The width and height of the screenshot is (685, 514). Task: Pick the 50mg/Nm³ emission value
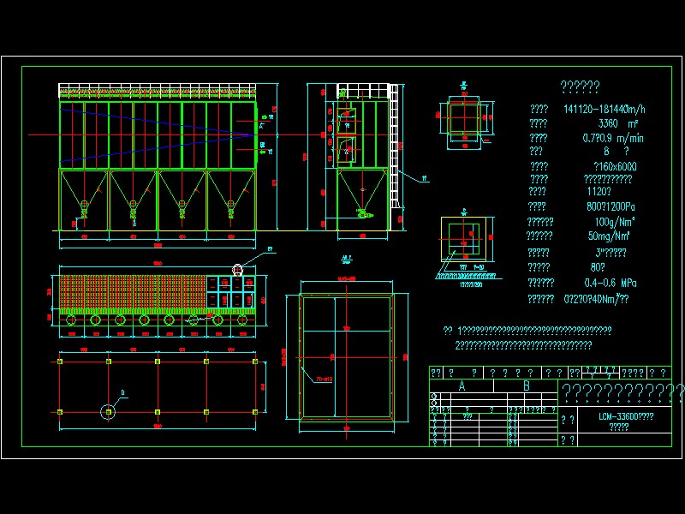pyautogui.click(x=610, y=236)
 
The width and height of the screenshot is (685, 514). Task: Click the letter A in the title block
pyautogui.click(x=462, y=386)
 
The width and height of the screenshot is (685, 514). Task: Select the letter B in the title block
pyautogui.click(x=526, y=386)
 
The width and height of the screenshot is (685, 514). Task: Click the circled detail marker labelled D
pyautogui.click(x=109, y=412)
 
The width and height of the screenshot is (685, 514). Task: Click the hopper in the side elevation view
pyautogui.click(x=360, y=190)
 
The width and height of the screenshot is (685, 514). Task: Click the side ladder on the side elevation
pyautogui.click(x=394, y=154)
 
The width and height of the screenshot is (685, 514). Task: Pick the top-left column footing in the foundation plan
pyautogui.click(x=60, y=362)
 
